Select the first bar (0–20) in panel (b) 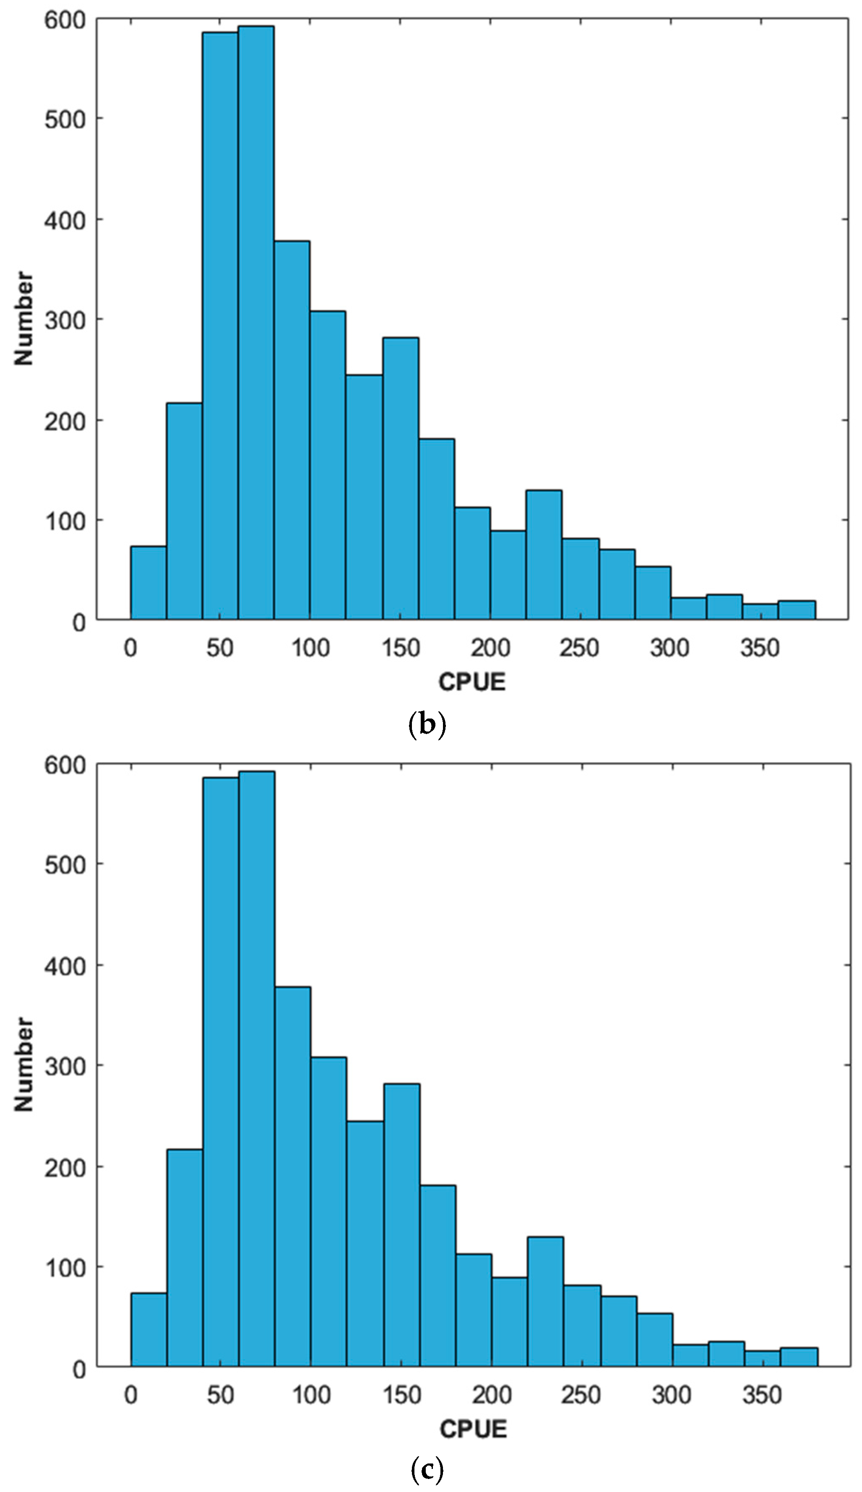(x=148, y=583)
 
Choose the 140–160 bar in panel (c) (x=402, y=1225)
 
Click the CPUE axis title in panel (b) (x=472, y=682)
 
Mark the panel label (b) (x=427, y=725)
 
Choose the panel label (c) (x=427, y=1469)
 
